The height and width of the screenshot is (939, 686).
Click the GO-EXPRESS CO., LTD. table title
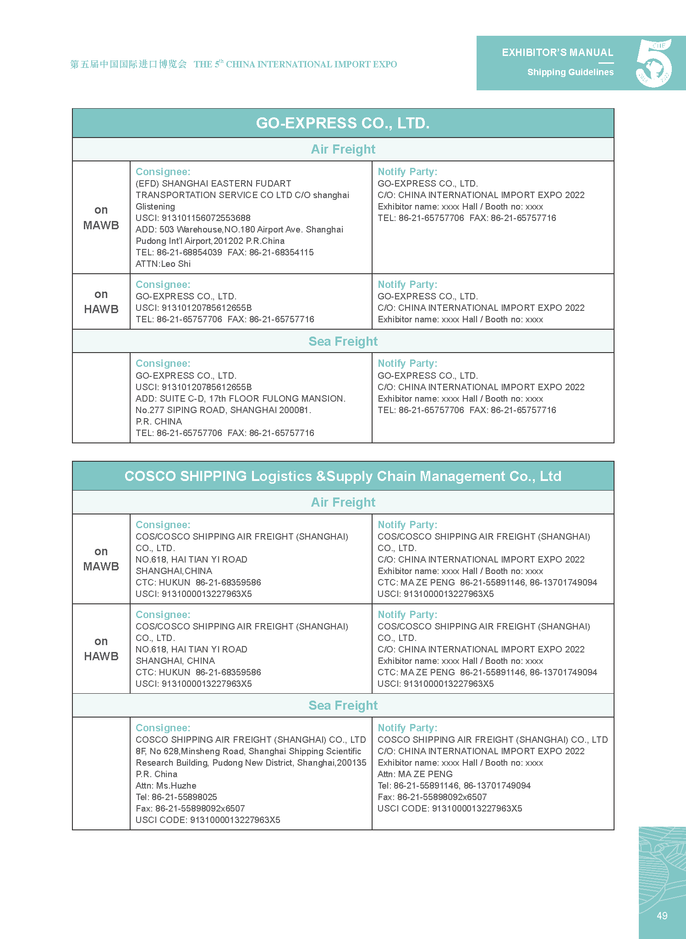tap(343, 123)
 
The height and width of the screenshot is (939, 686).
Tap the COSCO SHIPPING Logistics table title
tap(343, 476)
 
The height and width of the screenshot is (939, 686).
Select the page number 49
tap(662, 916)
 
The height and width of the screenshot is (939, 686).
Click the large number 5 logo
tap(654, 63)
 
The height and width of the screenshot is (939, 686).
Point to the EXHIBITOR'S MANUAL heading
tap(557, 52)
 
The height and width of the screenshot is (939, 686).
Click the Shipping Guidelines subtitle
tap(570, 72)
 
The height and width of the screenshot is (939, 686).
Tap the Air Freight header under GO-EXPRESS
tap(343, 149)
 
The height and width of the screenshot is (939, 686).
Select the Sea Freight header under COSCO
tap(343, 705)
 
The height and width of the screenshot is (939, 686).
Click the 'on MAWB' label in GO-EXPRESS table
tap(101, 217)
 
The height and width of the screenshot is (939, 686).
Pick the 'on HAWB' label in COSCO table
tap(101, 648)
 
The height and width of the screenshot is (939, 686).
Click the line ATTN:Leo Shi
tap(163, 264)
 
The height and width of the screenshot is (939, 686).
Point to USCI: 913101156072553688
tap(193, 218)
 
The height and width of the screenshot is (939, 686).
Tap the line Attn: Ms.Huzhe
tap(166, 785)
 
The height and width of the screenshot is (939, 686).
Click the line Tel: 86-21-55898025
tap(176, 797)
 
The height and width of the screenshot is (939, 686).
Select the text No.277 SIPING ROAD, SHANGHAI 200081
tap(223, 410)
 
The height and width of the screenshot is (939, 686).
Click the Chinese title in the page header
tap(128, 64)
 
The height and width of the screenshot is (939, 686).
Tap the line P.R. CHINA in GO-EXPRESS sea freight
tap(159, 421)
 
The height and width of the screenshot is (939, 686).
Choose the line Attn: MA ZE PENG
tap(415, 774)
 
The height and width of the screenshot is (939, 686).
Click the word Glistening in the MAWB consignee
tap(155, 206)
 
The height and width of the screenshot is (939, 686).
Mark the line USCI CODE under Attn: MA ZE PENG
tap(450, 808)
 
